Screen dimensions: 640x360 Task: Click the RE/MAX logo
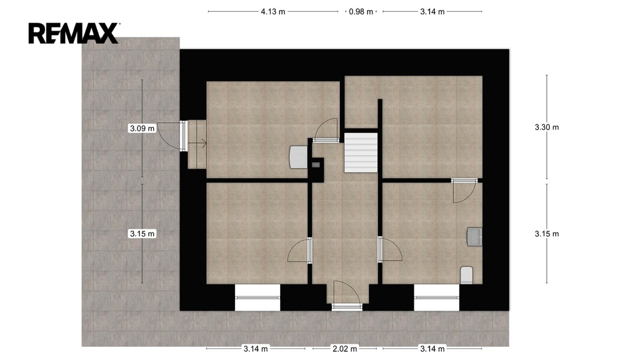point(74,33)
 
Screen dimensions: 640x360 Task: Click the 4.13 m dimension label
point(273,12)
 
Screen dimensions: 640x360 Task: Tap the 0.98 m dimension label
point(361,12)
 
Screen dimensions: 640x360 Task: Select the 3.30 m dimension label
point(547,127)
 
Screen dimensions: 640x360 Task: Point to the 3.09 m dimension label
point(142,128)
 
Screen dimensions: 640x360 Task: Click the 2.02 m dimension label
point(345,349)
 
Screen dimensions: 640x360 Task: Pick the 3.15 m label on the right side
point(547,234)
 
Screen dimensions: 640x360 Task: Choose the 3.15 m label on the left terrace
point(142,234)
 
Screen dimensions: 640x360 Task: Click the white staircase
point(361,152)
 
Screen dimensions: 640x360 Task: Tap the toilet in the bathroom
point(466,275)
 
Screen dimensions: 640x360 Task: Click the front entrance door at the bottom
point(346,296)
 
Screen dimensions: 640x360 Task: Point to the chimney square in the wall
point(316,165)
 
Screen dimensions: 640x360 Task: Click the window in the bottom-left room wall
point(257,297)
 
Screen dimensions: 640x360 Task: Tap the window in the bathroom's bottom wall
point(437,297)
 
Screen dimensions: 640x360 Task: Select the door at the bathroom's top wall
point(464,191)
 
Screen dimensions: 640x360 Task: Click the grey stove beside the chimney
point(298,157)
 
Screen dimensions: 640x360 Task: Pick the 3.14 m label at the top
point(432,12)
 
